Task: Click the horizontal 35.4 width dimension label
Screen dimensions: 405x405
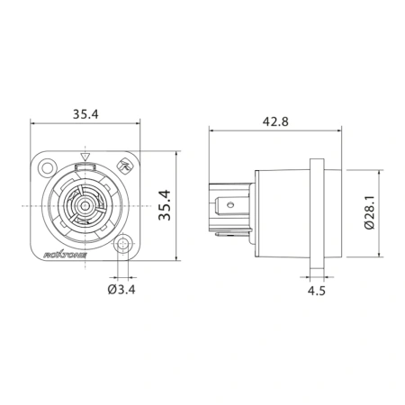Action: point(85,114)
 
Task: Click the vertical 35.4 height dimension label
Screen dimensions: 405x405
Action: point(165,205)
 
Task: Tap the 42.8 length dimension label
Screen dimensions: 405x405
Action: point(275,121)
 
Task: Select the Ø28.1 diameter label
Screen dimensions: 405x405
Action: point(370,212)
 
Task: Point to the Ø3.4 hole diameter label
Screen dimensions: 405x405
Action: point(121,289)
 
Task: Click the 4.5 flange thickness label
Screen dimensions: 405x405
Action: point(317,291)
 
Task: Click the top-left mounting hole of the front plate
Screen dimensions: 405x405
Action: point(48,167)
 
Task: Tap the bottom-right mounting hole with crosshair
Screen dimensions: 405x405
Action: point(122,244)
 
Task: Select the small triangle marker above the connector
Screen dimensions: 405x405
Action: point(85,157)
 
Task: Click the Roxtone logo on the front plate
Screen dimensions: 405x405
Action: point(66,255)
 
